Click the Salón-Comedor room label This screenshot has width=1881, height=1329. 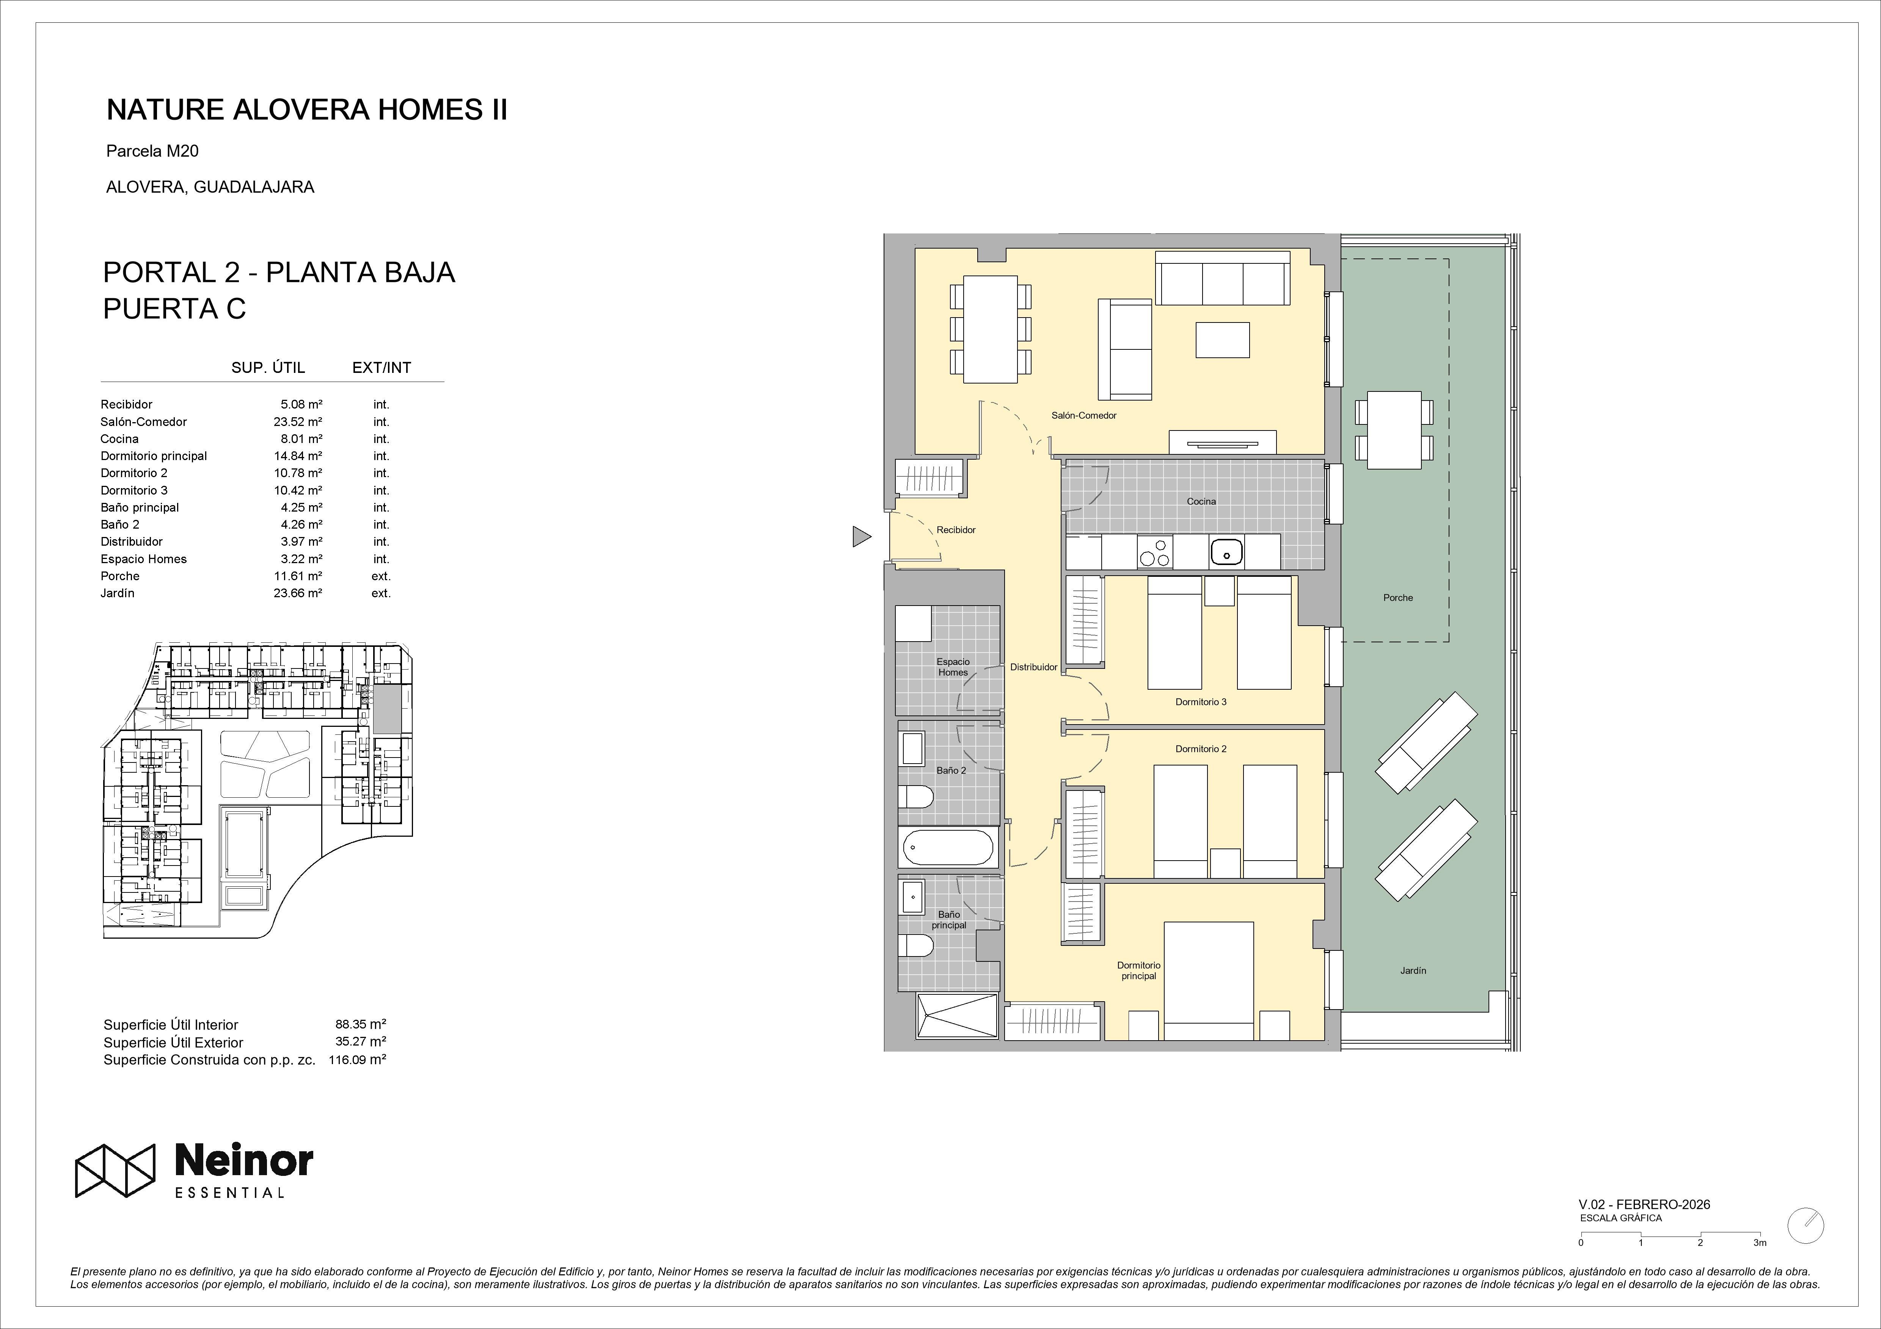tap(1084, 415)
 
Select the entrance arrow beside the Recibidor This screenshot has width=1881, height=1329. tap(861, 536)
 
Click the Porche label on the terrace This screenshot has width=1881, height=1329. tap(1397, 598)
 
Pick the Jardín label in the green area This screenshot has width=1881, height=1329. tap(1413, 971)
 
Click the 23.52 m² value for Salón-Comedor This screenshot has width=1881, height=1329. tap(297, 422)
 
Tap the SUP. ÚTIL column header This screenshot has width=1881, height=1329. tap(268, 368)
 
